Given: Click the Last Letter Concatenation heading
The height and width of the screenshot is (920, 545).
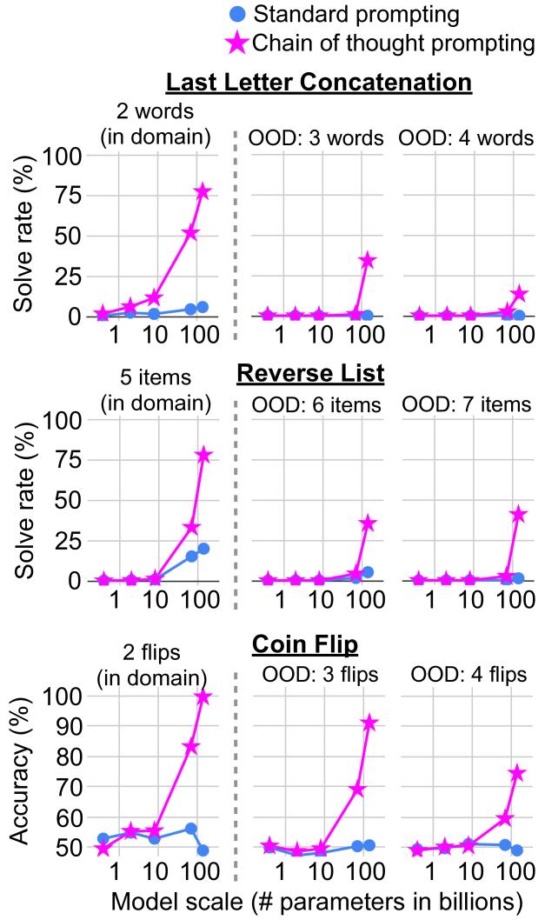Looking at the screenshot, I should pos(318,83).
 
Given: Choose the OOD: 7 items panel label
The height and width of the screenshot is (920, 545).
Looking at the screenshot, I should pos(471,404).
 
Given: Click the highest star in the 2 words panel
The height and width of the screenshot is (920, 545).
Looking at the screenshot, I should pos(203,191).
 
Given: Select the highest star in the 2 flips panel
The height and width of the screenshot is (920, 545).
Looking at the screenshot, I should pos(203,697).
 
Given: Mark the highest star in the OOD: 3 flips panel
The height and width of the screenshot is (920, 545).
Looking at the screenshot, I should pos(369,723).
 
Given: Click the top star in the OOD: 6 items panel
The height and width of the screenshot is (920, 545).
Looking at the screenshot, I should pos(369,523).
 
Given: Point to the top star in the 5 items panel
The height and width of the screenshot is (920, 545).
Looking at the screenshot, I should pos(203,456).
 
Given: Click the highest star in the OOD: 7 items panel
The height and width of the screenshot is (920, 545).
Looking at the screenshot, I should pos(519,514).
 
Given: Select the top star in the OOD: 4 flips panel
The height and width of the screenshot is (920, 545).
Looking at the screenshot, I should pos(519,773).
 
